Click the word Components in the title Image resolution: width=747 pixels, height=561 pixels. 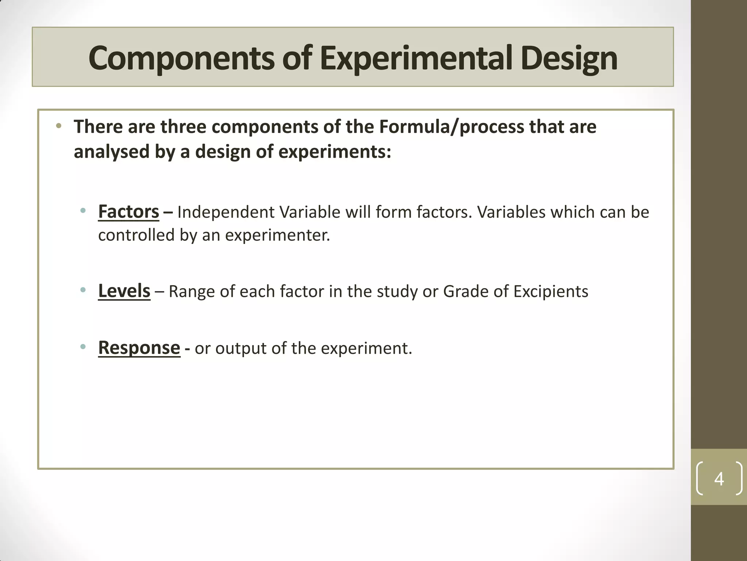[x=181, y=58]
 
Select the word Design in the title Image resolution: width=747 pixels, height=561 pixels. [x=569, y=58]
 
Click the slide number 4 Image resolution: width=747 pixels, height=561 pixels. [x=719, y=478]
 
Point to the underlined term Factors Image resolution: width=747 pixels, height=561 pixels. [x=128, y=212]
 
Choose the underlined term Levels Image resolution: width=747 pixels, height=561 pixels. [x=124, y=291]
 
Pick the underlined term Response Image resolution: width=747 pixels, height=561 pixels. [x=139, y=348]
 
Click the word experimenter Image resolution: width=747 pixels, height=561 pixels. [x=277, y=235]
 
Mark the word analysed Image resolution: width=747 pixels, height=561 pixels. [x=111, y=152]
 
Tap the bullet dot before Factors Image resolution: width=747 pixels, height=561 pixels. [x=83, y=211]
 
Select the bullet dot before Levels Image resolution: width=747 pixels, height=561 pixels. [x=83, y=290]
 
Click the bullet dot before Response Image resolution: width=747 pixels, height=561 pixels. [x=83, y=347]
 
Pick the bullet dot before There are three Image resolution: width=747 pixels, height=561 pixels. [x=59, y=126]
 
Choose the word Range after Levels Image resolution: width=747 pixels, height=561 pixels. [x=191, y=291]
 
